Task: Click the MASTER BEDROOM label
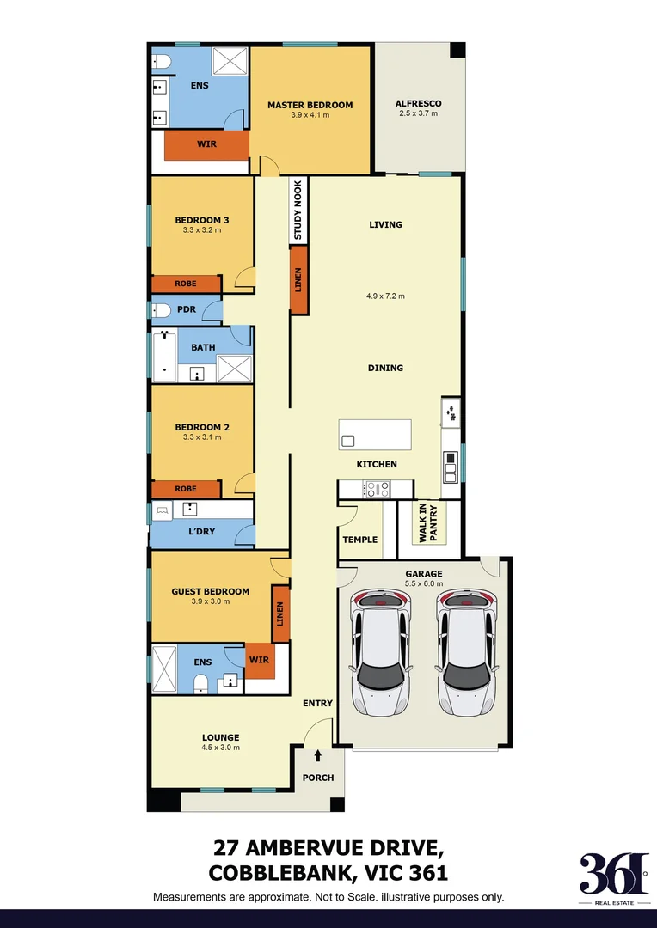point(310,105)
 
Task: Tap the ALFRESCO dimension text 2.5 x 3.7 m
point(419,113)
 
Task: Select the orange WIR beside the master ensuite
point(206,144)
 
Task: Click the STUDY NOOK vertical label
point(298,211)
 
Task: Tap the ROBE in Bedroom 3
point(185,284)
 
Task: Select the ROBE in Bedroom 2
point(185,489)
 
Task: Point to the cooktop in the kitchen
point(378,489)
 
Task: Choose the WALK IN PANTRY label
point(428,522)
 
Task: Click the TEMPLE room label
point(359,540)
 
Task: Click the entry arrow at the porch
point(318,756)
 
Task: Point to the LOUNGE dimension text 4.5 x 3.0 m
point(221,747)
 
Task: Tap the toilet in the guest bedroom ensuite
point(200,683)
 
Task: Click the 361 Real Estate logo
point(613,877)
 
